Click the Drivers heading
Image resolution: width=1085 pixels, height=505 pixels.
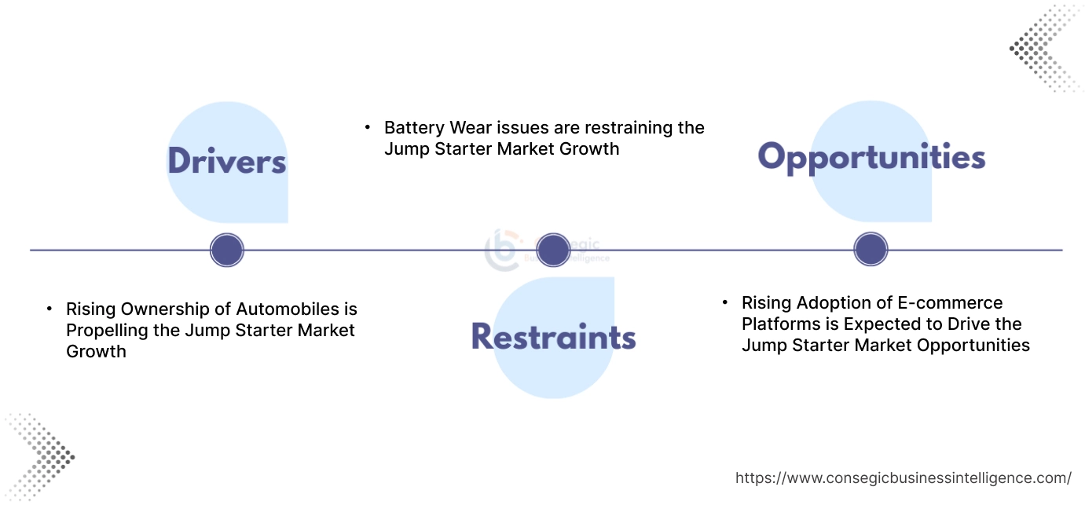[226, 161]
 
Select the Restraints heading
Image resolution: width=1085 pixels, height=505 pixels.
[553, 336]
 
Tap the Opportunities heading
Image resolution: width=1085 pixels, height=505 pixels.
[871, 157]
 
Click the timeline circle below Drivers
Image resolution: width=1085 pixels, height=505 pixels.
[227, 251]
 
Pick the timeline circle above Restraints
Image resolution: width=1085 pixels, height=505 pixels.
[553, 250]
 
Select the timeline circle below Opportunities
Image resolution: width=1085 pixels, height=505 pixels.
[871, 250]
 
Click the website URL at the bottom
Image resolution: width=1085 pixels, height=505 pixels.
[903, 478]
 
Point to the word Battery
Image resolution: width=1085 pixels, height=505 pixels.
[412, 127]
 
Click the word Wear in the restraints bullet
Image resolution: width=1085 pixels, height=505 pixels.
[470, 127]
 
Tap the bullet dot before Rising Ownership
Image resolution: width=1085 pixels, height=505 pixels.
[49, 308]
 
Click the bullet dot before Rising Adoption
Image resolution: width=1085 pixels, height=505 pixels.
[724, 302]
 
